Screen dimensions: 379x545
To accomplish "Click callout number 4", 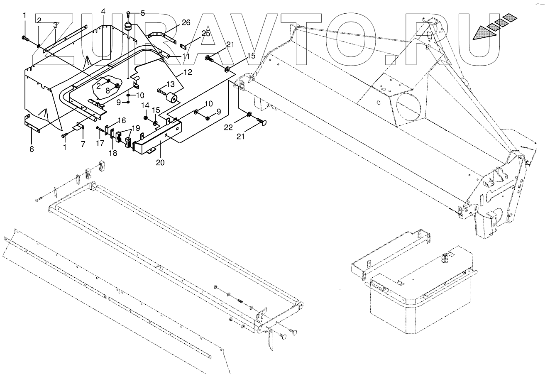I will click(x=103, y=11).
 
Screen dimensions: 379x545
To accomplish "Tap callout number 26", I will click(x=186, y=22).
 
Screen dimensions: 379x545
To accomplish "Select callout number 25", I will click(x=206, y=34).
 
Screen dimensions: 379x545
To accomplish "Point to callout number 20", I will click(x=160, y=162).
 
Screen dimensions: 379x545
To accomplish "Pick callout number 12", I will click(x=188, y=72).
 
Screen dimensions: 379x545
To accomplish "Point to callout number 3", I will click(x=55, y=25).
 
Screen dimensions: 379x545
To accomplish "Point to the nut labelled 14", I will click(x=146, y=118).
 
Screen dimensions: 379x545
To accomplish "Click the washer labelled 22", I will click(x=249, y=114).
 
